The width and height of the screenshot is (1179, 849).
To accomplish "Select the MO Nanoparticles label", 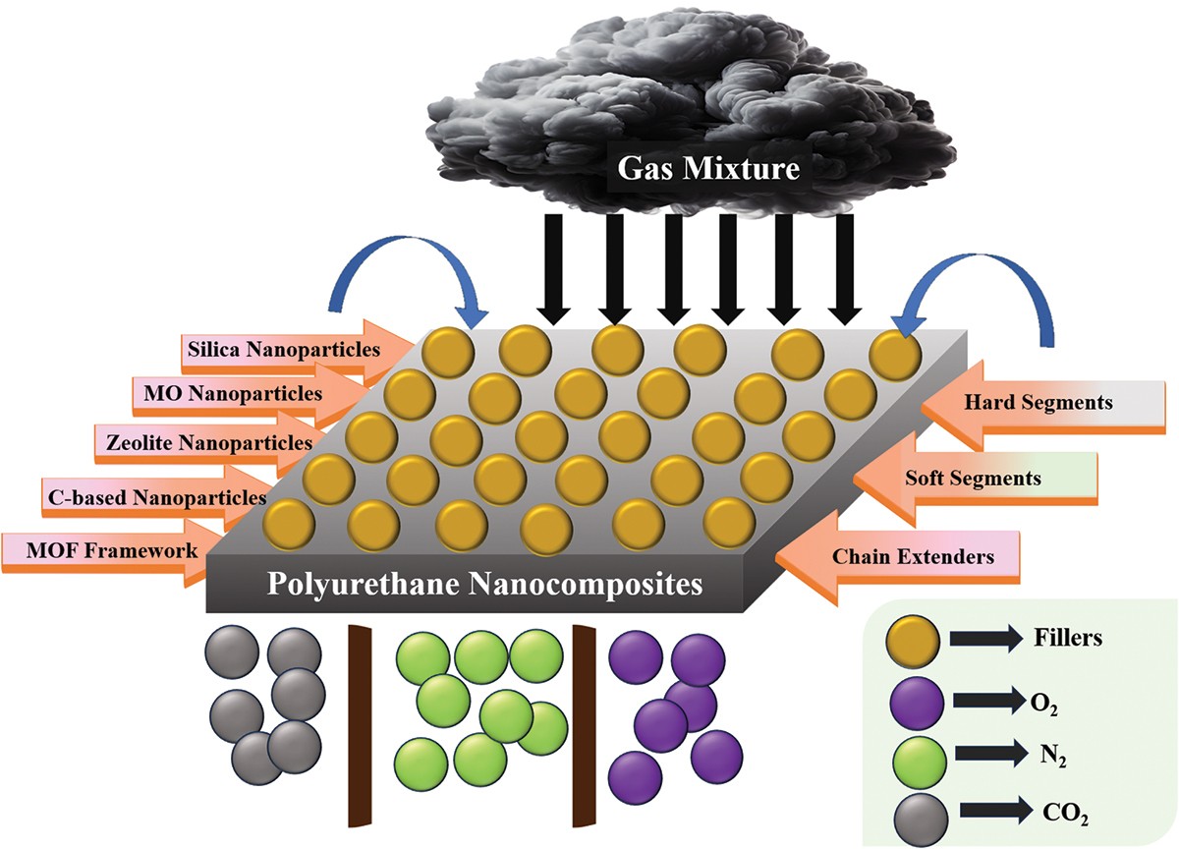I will (228, 393).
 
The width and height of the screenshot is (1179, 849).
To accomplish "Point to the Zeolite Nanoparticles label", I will (203, 442).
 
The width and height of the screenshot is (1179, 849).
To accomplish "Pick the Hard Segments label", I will (1025, 402).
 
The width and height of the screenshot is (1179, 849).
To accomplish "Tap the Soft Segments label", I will (971, 479).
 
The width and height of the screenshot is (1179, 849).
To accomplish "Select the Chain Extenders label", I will (913, 557).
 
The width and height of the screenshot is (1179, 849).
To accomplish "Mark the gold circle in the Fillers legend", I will (916, 638).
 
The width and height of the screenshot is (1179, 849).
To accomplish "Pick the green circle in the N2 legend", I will (916, 759).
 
